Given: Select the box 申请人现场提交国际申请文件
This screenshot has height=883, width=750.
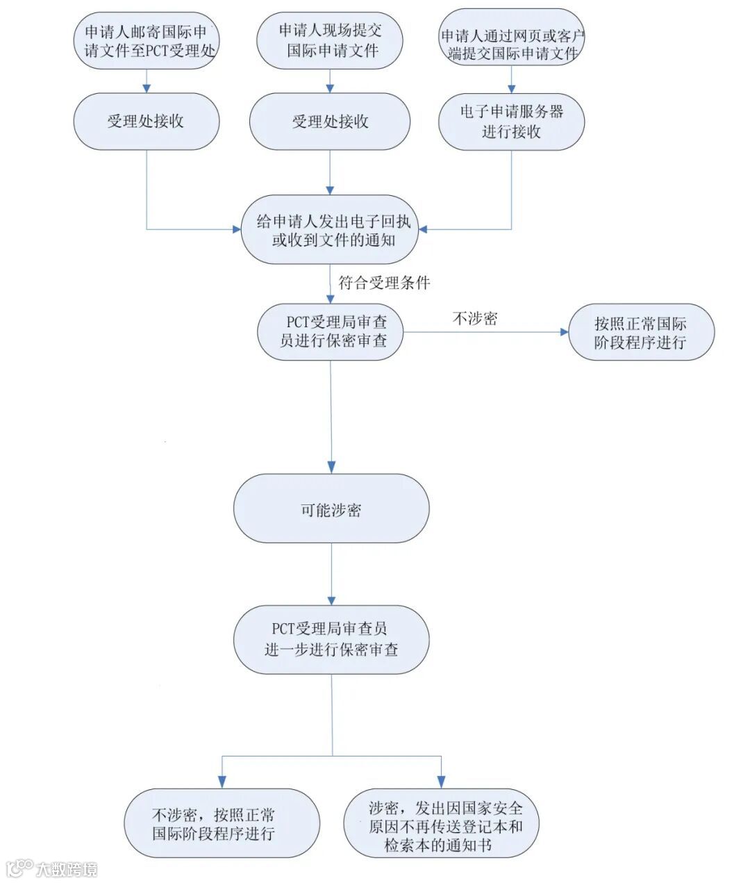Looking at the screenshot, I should pos(330,40).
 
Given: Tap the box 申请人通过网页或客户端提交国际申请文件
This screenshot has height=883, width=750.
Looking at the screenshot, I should pos(511,44).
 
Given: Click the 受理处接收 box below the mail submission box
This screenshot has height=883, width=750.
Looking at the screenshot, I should pos(147,121).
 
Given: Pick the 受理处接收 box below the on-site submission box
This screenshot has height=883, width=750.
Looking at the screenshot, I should pos(330,122).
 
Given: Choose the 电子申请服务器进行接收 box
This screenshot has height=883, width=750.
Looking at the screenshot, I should pos(511,122).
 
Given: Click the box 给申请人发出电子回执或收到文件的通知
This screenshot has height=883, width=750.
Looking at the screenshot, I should pos(331,231).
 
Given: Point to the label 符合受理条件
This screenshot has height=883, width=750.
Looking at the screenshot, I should pos(384,283).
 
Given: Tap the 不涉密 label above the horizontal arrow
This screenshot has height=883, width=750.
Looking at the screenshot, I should pos(475,319).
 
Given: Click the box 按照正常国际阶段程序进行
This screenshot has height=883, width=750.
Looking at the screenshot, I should pos(641,332).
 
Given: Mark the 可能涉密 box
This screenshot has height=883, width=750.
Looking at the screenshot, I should pos(331,509).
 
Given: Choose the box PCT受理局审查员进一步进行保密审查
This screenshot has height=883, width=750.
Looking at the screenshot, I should pos(331,639).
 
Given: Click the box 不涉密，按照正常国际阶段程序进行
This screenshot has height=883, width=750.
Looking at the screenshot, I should pos(222,824).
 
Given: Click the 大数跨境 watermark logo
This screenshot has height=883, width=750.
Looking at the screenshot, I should pos(52,868).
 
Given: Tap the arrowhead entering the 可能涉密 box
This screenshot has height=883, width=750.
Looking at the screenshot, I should pos(331,467).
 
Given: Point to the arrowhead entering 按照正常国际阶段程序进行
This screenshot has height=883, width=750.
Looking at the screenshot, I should pos(563,332).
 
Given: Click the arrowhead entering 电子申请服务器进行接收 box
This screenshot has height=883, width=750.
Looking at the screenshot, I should pos(512,88).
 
